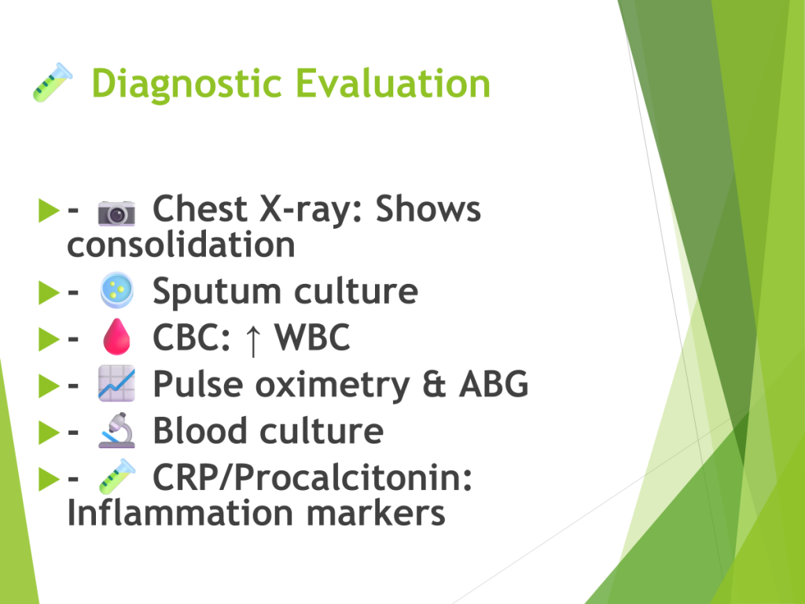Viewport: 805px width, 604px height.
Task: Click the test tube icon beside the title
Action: point(53,82)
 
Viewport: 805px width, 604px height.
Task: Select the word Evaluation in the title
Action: point(393,83)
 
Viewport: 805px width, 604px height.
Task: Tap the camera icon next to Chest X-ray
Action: point(116,212)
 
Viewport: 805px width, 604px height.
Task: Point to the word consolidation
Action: point(182,244)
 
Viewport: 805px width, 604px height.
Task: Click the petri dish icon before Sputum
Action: point(117,290)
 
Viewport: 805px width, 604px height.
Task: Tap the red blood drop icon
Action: point(116,337)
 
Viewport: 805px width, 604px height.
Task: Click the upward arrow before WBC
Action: point(252,339)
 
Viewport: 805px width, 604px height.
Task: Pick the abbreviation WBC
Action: point(312,337)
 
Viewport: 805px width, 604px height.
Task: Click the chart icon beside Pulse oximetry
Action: point(116,383)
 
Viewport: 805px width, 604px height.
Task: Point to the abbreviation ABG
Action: point(494,384)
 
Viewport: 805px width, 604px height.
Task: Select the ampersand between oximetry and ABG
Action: point(434,384)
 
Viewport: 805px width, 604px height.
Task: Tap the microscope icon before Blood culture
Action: point(117,430)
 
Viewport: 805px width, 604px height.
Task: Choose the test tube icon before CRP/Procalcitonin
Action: point(117,477)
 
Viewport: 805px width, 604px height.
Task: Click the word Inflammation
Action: point(180,513)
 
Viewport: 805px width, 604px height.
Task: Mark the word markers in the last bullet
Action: point(376,513)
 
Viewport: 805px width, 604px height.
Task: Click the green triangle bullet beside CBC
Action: point(49,339)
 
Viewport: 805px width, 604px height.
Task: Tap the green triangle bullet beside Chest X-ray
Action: point(49,211)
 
